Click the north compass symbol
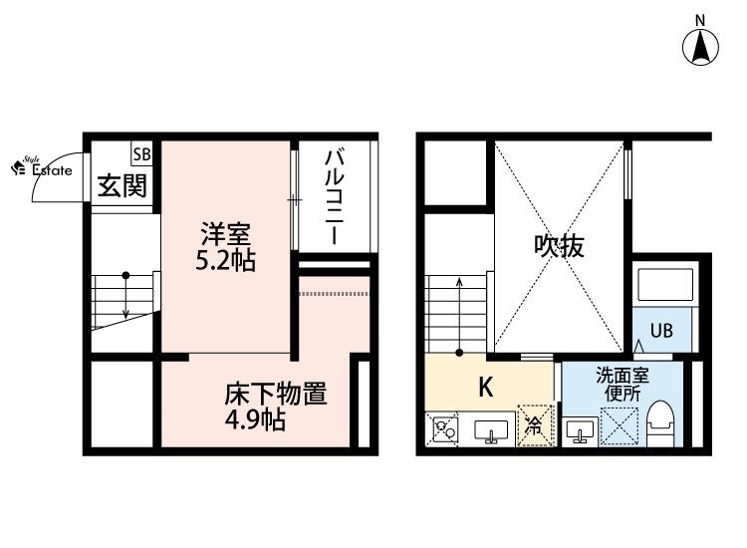pos(700,47)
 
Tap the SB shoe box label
pos(142,154)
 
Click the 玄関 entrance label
pos(123,186)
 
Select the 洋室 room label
pos(225,234)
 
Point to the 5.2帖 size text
pos(225,260)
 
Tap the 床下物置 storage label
pos(276,395)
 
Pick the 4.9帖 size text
pos(255,419)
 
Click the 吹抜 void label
pos(559,246)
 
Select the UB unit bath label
pos(661,330)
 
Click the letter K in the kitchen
pos(485,387)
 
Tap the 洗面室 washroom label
pos(622,376)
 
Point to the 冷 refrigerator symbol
pos(536,425)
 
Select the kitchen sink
pos(491,431)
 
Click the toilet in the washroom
pos(660,422)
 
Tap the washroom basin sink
pos(580,431)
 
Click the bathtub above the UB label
pos(665,285)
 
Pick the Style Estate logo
pos(42,167)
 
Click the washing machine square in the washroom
pos(619,425)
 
